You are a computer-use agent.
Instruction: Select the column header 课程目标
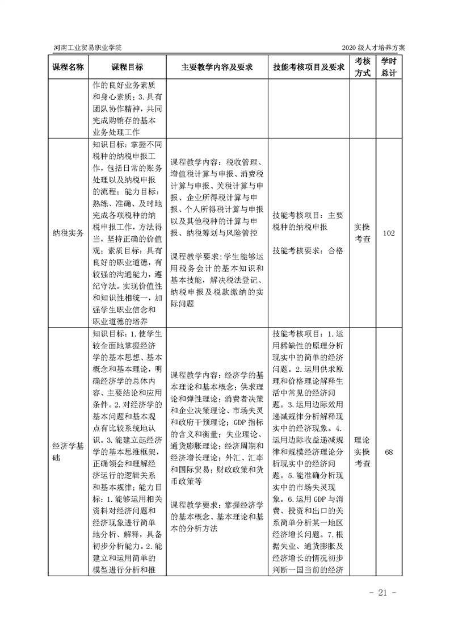point(127,66)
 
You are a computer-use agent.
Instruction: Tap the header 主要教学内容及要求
point(216,66)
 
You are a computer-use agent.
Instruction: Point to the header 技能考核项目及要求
point(309,66)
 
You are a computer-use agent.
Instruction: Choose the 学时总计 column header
point(389,66)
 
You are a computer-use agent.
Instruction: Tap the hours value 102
point(389,233)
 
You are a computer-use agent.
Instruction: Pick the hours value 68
point(389,452)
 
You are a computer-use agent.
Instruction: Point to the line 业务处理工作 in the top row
point(114,132)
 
